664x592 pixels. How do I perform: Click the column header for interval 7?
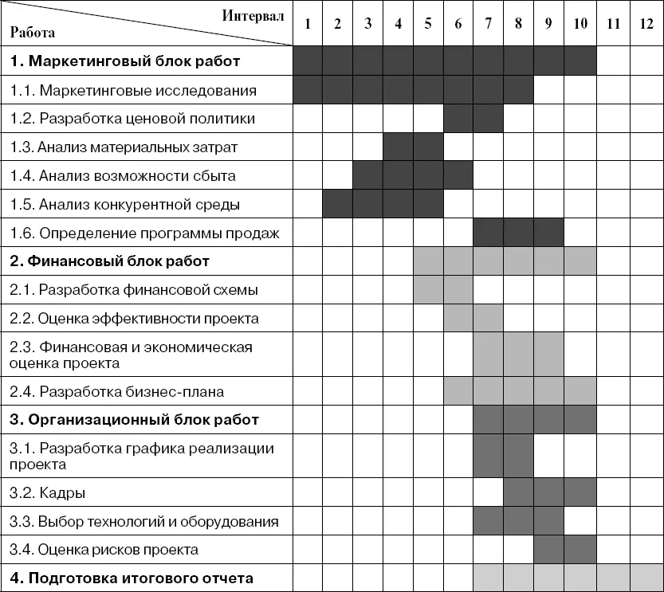click(489, 23)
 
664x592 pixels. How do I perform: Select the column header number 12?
click(646, 23)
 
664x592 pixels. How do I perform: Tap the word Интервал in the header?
click(253, 15)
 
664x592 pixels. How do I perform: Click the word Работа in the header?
click(33, 33)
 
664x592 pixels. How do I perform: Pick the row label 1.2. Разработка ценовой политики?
click(133, 119)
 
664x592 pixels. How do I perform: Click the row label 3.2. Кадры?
click(48, 493)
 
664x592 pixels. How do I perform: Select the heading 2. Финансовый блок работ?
click(110, 261)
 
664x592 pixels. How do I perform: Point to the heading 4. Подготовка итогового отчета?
click(132, 578)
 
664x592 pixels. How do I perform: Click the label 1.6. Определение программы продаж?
click(145, 233)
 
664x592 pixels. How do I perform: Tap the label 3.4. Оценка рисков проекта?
click(104, 550)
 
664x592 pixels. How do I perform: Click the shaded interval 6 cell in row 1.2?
click(458, 119)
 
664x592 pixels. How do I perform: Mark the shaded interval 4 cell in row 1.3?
click(398, 147)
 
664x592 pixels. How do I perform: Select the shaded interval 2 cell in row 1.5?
click(337, 204)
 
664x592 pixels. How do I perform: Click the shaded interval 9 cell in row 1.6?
click(549, 233)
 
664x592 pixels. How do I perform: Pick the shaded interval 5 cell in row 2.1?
click(428, 289)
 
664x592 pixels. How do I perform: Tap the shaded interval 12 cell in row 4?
click(646, 578)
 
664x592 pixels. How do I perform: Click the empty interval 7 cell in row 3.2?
click(489, 493)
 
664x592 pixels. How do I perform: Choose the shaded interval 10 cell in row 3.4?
click(580, 550)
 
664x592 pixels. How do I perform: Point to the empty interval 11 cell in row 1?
click(613, 61)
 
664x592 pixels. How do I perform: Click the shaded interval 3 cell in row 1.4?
click(367, 175)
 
